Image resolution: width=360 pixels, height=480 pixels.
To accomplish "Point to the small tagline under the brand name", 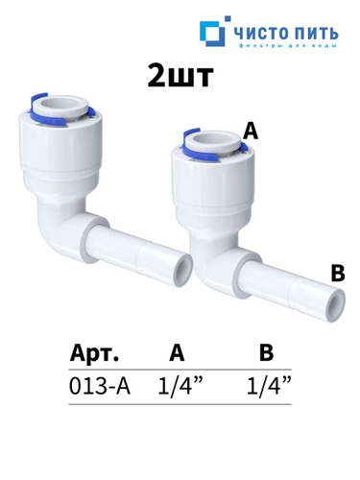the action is point(287,46).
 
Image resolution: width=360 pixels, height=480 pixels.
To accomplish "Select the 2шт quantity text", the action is point(180,76).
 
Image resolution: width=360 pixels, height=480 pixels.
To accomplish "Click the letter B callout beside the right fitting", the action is point(338,273).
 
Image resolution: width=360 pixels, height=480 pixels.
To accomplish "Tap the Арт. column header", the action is point(94,352).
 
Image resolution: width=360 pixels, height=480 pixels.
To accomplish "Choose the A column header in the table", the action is point(177,352).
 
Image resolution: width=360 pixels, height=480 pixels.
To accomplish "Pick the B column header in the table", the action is point(266,352).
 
